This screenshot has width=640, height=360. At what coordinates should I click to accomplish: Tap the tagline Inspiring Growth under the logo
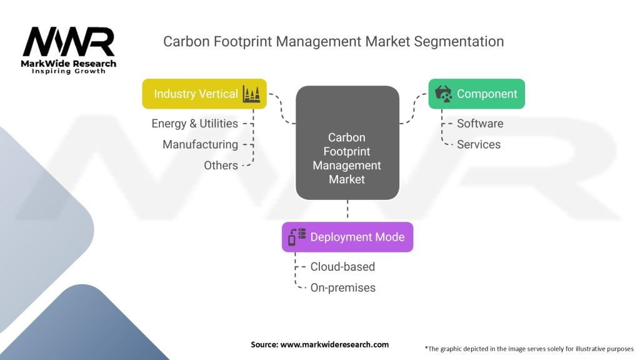(69, 71)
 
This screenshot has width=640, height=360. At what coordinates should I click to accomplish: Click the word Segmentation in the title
(457, 42)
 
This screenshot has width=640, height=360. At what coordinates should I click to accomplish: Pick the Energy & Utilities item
(194, 123)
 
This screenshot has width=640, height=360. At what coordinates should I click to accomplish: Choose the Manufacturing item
(200, 144)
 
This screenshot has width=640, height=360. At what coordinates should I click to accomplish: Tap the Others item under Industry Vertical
(221, 166)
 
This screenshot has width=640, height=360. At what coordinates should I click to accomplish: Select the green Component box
(476, 94)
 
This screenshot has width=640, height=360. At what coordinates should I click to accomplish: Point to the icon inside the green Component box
(444, 94)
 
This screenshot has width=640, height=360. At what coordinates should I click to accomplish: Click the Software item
(479, 123)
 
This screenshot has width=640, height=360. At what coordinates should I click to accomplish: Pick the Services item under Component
(478, 144)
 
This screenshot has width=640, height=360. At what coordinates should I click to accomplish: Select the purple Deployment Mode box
(347, 237)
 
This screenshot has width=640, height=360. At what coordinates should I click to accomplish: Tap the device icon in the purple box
(296, 237)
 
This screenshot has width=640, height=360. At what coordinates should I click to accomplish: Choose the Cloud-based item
(342, 266)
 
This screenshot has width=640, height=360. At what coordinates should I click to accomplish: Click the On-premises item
(342, 287)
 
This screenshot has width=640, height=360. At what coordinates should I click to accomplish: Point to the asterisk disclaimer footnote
(529, 348)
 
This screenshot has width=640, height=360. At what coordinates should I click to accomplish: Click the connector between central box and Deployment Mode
(347, 211)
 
